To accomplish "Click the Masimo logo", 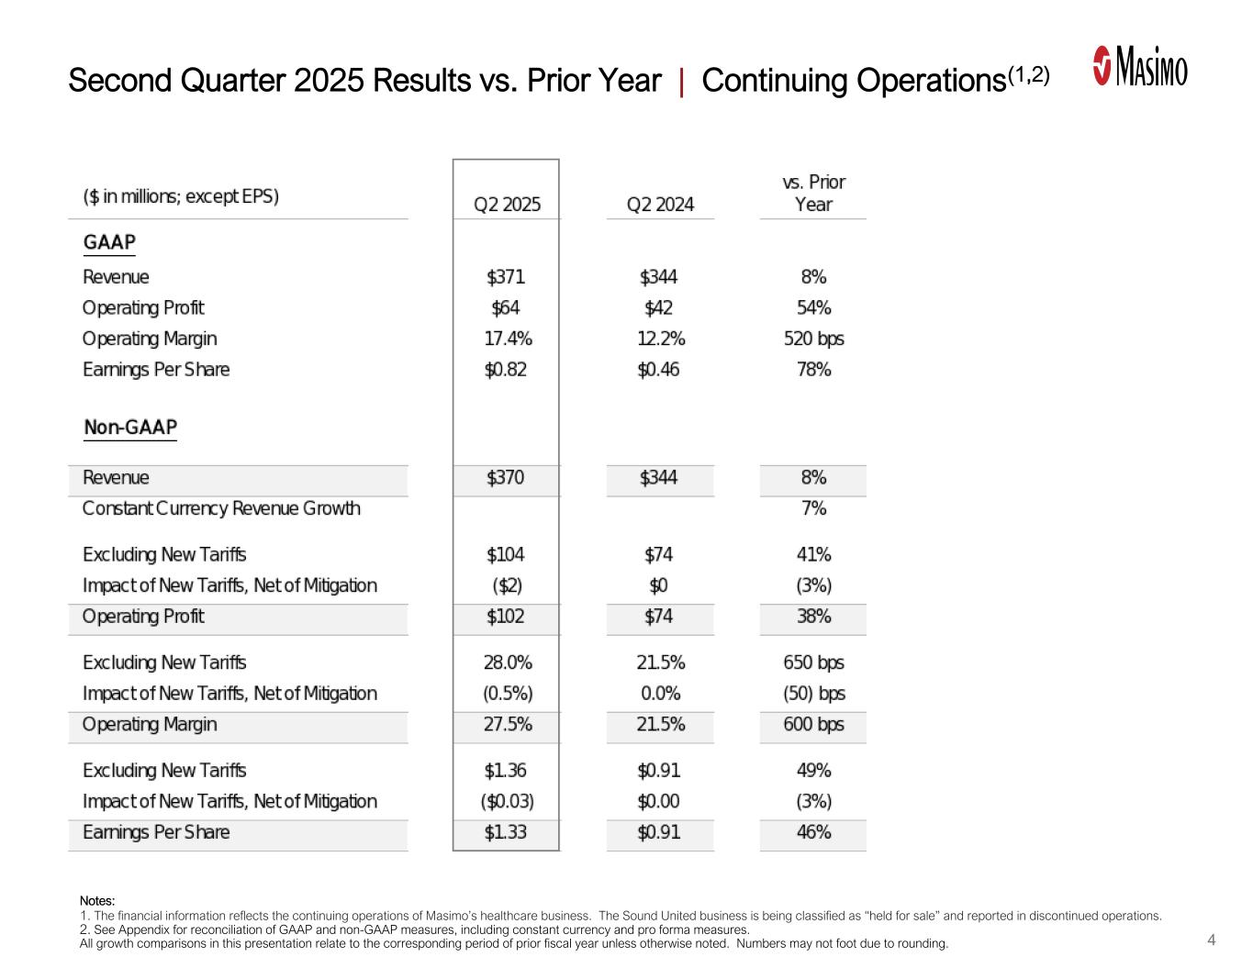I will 1140,67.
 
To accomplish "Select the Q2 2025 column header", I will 507,205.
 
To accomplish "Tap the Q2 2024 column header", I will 659,205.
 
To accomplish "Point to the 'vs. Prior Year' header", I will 813,194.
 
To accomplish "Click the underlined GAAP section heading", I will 109,243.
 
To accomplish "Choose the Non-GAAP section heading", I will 129,428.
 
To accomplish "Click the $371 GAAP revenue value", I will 506,277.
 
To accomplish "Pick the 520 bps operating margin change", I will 813,339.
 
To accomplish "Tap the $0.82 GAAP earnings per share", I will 506,370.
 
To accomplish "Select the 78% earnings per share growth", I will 813,370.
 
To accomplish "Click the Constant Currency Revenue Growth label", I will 221,508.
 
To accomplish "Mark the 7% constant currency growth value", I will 813,508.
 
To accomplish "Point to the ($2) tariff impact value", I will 506,585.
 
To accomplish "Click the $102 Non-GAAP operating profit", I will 506,617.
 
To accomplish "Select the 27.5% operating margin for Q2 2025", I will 508,725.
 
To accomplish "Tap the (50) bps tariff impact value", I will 813,694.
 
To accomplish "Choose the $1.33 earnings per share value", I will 506,833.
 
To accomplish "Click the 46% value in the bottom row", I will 813,833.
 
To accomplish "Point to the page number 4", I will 1212,940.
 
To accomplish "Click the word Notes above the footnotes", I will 96,901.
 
